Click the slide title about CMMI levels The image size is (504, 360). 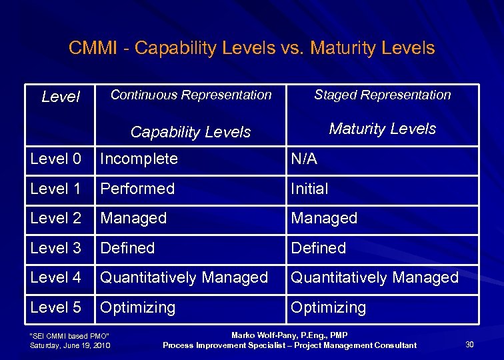[251, 48]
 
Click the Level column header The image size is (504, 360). [60, 97]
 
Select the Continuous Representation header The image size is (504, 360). [191, 95]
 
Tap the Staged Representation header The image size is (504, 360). [382, 95]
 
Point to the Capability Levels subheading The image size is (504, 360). [191, 132]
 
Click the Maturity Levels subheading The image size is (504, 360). [382, 129]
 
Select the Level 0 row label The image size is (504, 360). [56, 159]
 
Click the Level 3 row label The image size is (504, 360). [56, 248]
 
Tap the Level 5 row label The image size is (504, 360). [56, 307]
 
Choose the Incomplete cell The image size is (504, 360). [139, 159]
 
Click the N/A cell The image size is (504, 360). [304, 159]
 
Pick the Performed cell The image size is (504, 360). [137, 189]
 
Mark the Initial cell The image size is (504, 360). [309, 189]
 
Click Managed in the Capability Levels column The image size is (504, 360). [133, 218]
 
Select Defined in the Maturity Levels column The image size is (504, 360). [318, 248]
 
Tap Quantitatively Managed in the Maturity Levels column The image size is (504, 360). [375, 277]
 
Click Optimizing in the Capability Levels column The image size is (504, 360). [138, 307]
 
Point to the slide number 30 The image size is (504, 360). [469, 344]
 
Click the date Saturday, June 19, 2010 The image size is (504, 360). [71, 345]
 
